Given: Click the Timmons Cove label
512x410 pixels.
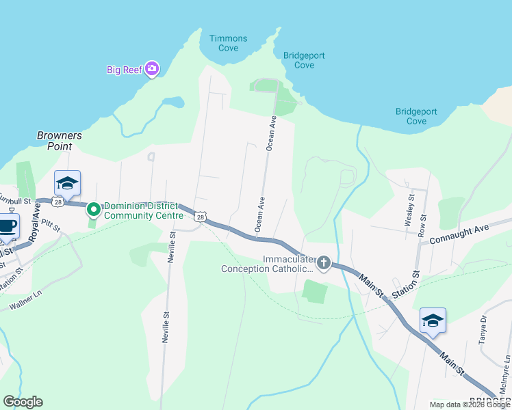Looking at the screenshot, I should point(224,43).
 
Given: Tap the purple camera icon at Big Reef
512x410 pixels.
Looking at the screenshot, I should point(152,68).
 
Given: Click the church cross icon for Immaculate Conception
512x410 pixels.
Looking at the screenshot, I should point(322,263).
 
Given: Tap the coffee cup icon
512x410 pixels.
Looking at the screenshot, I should point(7,225).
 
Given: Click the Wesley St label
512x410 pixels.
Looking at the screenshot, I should point(411,210).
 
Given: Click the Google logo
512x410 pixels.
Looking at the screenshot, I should point(23,402).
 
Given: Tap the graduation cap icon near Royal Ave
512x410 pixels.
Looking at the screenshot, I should point(67,182).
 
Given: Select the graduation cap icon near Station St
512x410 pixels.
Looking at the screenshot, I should point(433,320).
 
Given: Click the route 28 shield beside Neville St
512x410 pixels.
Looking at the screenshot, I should point(199,217).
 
